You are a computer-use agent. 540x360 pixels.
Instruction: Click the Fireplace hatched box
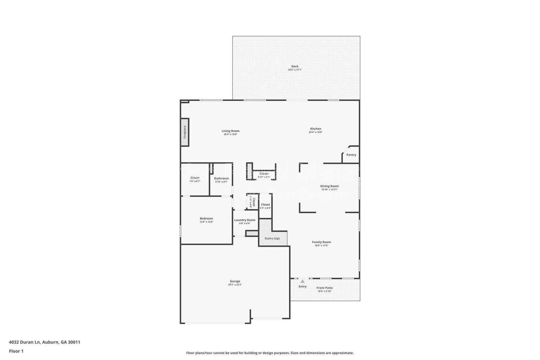185,132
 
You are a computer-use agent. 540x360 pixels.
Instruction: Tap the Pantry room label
351,155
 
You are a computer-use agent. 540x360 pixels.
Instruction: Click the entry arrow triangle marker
302,281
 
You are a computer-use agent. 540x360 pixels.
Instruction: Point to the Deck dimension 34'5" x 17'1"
295,70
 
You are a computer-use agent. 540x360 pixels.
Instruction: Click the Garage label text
235,281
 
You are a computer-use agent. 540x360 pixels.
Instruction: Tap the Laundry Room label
245,220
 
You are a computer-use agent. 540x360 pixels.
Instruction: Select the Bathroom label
221,178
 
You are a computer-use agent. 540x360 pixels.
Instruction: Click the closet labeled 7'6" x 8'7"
195,179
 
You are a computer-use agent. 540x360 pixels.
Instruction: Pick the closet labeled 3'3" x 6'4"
265,206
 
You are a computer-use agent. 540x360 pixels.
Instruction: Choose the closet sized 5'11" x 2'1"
264,175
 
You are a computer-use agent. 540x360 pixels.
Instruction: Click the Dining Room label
329,186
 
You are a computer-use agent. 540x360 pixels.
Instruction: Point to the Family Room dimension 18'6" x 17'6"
321,246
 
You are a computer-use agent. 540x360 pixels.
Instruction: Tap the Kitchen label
316,129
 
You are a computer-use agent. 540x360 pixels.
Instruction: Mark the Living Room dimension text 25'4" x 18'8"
231,134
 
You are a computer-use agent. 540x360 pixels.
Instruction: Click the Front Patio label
324,288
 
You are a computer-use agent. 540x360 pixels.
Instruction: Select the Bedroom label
206,218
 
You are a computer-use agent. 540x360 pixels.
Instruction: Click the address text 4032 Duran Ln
25,342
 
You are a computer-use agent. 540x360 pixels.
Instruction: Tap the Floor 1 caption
16,351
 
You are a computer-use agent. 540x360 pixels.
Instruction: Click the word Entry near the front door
302,286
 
